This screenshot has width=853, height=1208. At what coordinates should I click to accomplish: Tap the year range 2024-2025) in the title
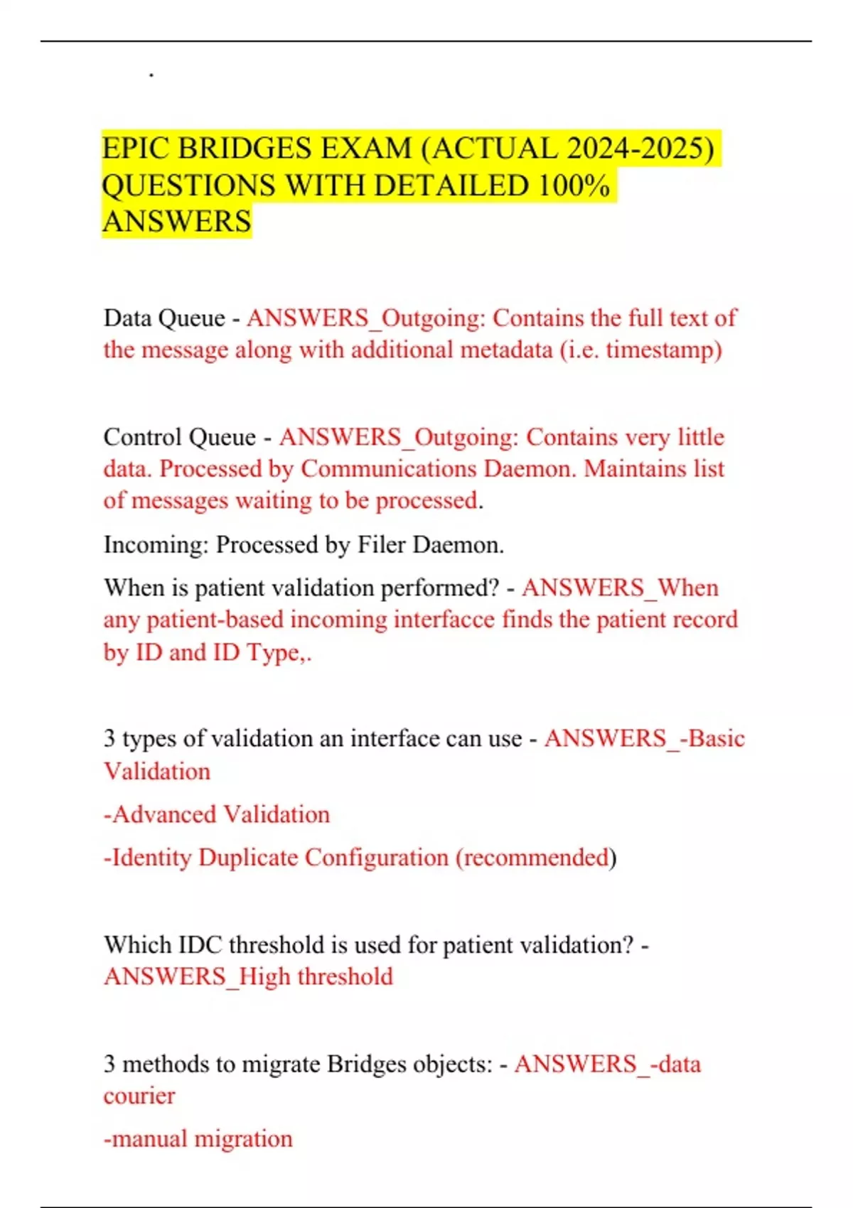coord(640,149)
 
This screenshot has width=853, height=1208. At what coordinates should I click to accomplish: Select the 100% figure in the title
coord(574,185)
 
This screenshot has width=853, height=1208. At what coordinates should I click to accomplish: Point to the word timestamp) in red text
coord(664,350)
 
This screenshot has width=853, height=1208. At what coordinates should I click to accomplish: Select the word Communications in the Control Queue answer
coord(388,469)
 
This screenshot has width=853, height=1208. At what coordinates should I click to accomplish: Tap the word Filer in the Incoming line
coord(381,545)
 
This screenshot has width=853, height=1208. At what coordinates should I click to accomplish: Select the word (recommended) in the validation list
coord(535,858)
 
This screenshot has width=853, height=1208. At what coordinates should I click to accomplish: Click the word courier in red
coord(139,1096)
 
